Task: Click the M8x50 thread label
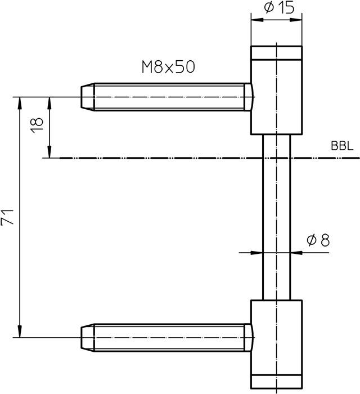click(168, 68)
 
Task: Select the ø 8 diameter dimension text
click(318, 240)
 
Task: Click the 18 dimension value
click(37, 124)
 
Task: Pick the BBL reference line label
click(342, 147)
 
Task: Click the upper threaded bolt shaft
click(169, 97)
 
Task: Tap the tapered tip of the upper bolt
click(87, 97)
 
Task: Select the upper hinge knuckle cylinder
click(276, 96)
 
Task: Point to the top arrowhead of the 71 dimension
click(20, 101)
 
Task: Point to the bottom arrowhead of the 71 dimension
click(20, 333)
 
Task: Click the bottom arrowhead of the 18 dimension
click(50, 154)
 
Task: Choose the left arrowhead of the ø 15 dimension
click(255, 20)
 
